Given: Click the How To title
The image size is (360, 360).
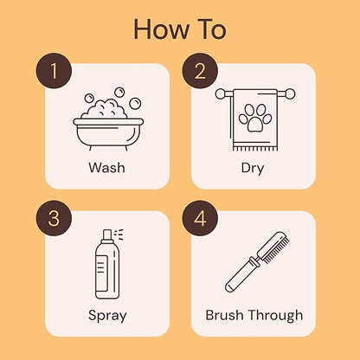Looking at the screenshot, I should (x=180, y=29).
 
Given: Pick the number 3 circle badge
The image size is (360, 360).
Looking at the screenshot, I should (x=55, y=219).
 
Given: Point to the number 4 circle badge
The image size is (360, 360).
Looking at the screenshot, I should (x=200, y=219).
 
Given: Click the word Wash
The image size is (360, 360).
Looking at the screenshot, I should (x=107, y=167).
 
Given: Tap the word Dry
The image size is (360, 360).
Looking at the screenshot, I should (x=253, y=167).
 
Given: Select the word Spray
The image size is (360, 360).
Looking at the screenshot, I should (x=107, y=314).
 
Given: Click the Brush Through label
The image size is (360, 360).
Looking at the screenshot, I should (x=254, y=314).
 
